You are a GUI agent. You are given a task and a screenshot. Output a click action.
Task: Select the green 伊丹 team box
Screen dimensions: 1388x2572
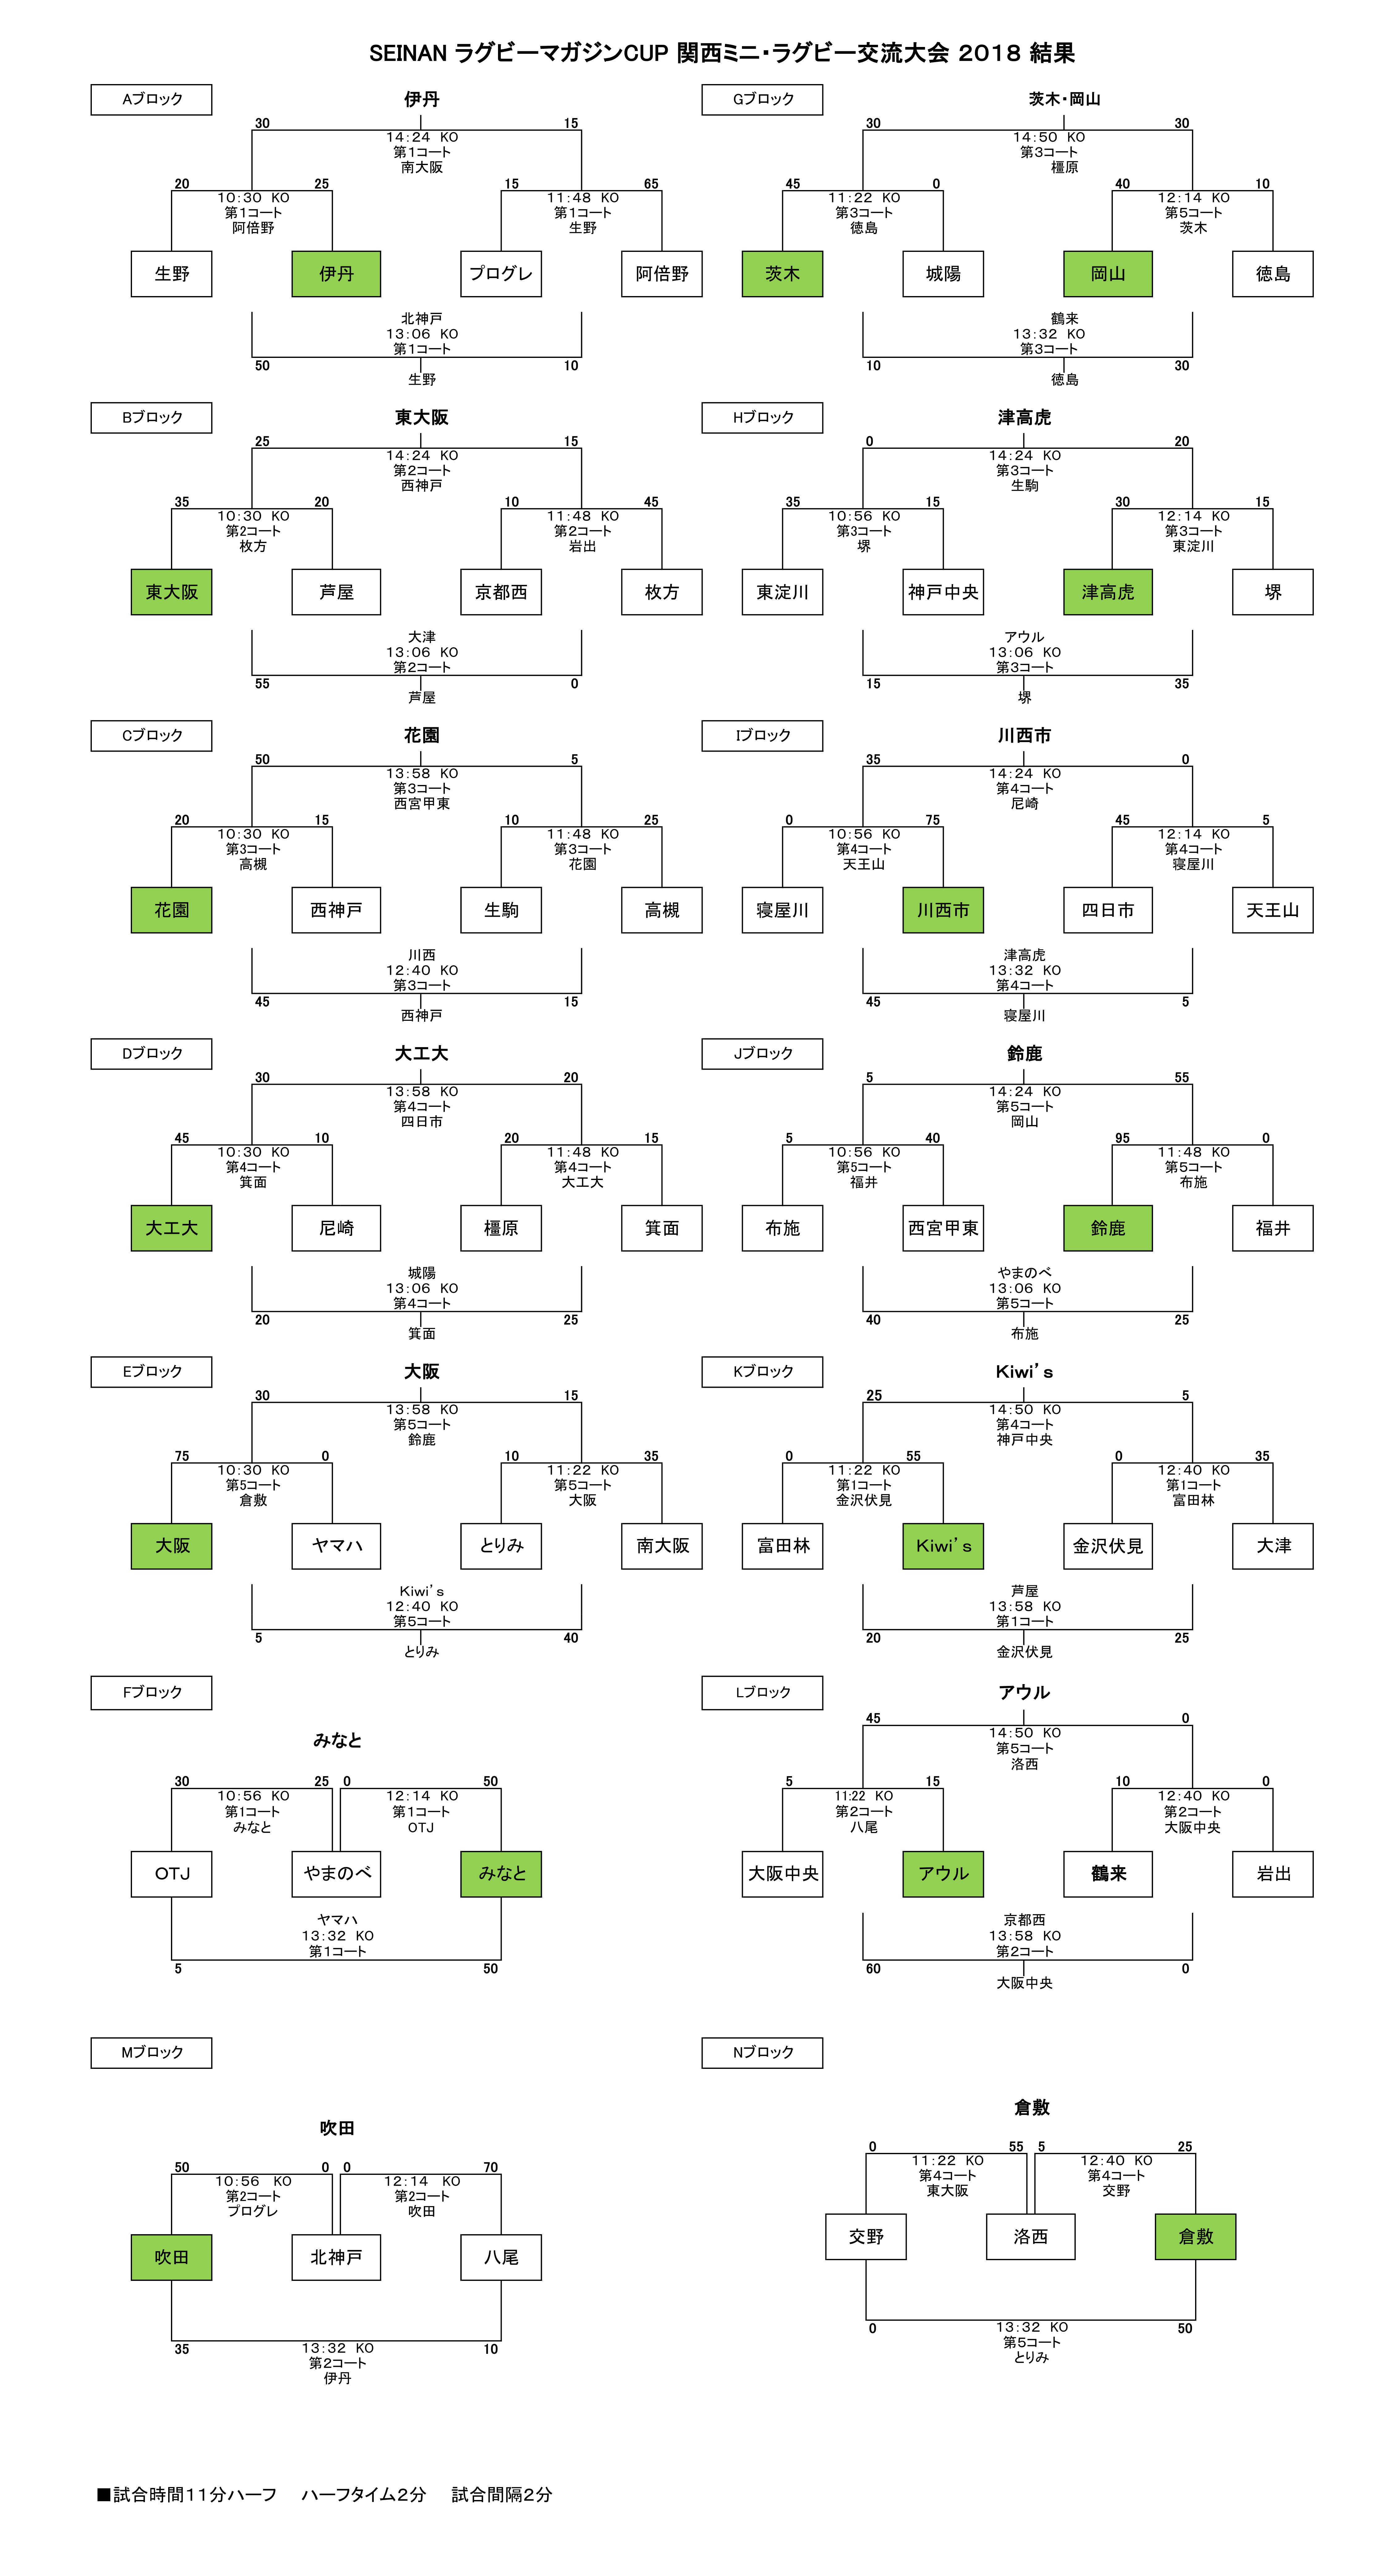click(337, 274)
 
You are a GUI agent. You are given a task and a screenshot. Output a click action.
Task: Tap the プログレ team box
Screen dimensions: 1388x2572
click(501, 274)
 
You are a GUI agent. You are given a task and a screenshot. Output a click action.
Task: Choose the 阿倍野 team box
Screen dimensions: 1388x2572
click(662, 274)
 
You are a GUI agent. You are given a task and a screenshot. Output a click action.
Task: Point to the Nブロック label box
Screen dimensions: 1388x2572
click(763, 2052)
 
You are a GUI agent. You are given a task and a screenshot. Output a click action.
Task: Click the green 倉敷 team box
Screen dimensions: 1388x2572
click(1195, 2237)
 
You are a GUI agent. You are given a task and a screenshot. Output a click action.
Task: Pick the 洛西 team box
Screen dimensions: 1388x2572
click(1031, 2237)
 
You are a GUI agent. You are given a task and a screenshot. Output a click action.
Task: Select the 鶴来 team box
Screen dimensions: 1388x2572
click(1109, 1874)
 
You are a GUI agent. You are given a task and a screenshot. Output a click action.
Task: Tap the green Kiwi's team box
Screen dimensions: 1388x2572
click(944, 1546)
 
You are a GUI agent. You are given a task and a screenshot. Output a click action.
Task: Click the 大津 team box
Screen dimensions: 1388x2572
click(1273, 1546)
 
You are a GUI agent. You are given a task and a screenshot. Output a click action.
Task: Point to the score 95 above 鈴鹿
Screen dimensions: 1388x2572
click(1122, 1138)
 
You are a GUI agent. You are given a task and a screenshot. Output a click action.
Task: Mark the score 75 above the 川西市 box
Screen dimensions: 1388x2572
click(933, 820)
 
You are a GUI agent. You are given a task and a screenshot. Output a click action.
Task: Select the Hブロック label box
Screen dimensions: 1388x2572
click(763, 417)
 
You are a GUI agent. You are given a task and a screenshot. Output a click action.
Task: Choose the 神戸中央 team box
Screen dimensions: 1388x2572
click(944, 592)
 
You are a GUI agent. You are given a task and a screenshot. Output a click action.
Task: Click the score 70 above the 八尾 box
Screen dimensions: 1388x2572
click(490, 2168)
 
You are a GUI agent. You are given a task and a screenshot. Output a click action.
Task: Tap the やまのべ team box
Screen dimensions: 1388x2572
click(337, 1874)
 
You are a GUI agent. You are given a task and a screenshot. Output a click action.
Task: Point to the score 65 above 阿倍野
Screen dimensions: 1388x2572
click(651, 184)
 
